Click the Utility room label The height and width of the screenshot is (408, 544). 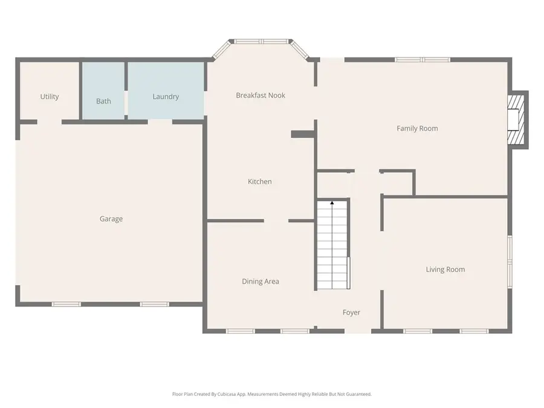coord(50,97)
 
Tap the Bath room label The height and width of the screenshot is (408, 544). coord(103,101)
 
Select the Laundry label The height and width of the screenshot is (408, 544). coord(166,97)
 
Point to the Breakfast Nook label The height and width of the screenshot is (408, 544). coord(261,96)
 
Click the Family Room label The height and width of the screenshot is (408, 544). coord(417,128)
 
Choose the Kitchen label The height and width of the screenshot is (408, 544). coord(260,181)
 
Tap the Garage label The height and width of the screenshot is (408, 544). coord(111,219)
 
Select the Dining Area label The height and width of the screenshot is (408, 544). coord(261,281)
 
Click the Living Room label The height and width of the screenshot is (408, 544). coord(445,270)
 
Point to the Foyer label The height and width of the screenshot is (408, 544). coord(351,312)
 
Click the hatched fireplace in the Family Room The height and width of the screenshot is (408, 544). coord(515,120)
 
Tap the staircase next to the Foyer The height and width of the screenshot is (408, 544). coord(332,248)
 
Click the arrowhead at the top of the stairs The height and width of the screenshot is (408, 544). coord(332,204)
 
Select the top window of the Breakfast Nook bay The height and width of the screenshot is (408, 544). coord(261,42)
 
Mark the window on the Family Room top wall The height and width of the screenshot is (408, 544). coord(423,60)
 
